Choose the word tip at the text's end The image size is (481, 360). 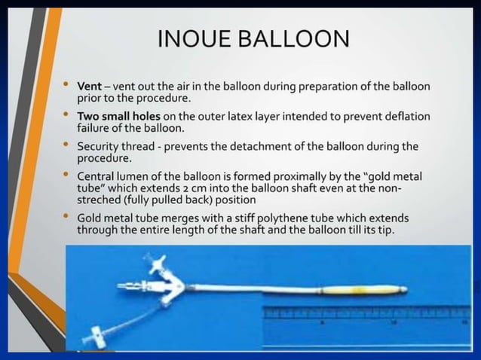tap(384, 229)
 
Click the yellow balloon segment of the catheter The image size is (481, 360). tap(369, 288)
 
